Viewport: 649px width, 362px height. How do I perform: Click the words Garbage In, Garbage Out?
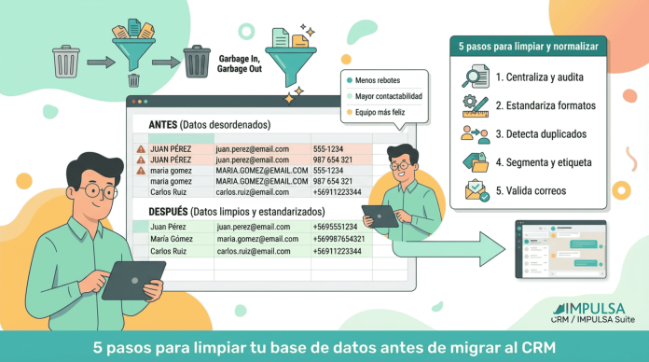[x=240, y=64]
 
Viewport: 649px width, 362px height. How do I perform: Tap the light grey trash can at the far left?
[x=66, y=62]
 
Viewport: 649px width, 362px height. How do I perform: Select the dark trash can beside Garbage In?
[x=197, y=63]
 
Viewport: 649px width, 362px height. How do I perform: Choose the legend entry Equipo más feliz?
[x=379, y=112]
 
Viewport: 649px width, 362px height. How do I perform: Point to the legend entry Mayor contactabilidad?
[x=386, y=96]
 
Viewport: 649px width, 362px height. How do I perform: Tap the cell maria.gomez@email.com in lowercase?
[x=256, y=240]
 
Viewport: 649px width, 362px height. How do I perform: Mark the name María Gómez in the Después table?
[x=173, y=240]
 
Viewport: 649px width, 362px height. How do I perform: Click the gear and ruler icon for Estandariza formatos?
[x=475, y=104]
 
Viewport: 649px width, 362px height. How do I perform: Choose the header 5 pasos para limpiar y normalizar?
[x=529, y=44]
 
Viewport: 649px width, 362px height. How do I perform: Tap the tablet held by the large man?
[x=131, y=279]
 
